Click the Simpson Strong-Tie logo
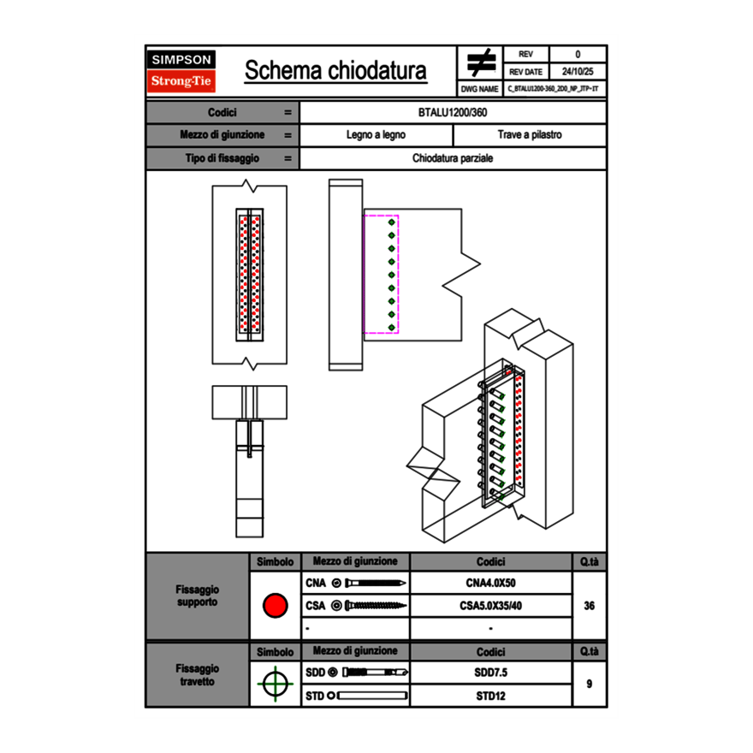(182, 71)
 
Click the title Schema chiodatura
(335, 71)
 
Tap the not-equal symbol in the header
(482, 63)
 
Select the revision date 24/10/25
(578, 72)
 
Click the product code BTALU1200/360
(453, 112)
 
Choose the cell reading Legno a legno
(376, 135)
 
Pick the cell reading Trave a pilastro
(530, 135)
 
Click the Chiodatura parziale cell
(453, 158)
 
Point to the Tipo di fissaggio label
(222, 158)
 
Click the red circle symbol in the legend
(275, 607)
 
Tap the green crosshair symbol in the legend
(275, 684)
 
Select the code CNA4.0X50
(490, 584)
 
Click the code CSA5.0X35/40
(490, 607)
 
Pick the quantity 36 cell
(590, 607)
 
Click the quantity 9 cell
(590, 684)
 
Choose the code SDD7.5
(490, 673)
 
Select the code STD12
(490, 696)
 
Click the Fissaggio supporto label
(198, 596)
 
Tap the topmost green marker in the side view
(391, 222)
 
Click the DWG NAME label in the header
(479, 88)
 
